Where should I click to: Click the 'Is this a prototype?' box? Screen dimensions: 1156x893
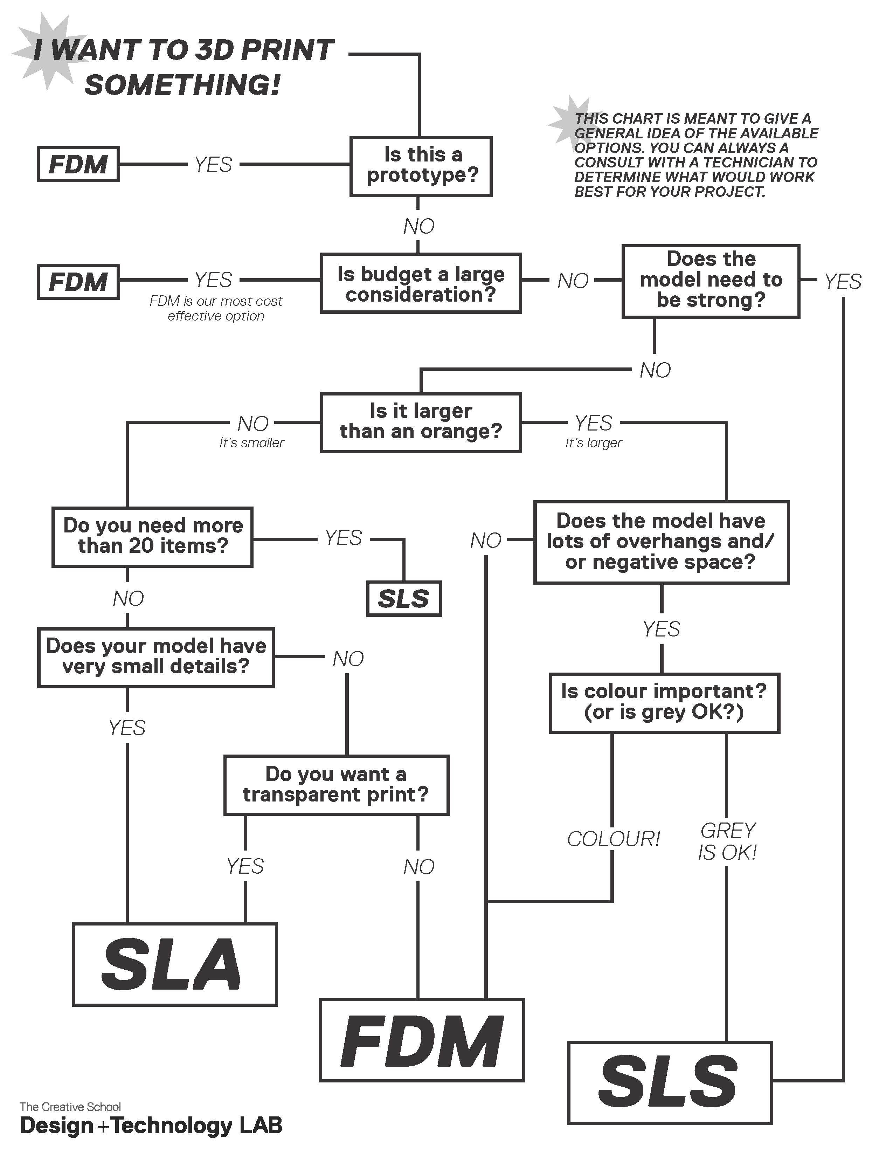click(421, 166)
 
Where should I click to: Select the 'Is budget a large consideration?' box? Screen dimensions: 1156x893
click(421, 283)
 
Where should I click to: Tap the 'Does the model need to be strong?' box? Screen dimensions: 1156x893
click(711, 281)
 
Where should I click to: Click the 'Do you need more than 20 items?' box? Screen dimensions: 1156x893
click(152, 537)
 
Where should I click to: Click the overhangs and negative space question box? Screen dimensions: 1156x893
click(661, 542)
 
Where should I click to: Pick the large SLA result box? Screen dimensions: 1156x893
click(175, 964)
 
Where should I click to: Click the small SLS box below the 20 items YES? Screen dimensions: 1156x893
click(404, 599)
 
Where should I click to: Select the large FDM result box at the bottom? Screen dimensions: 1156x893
click(422, 1040)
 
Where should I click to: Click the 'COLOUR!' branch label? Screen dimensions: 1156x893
click(613, 839)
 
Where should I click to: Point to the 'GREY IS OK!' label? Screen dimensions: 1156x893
click(727, 841)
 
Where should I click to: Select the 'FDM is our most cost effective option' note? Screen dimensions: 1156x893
click(216, 309)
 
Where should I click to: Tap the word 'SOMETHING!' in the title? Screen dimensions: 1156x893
click(182, 85)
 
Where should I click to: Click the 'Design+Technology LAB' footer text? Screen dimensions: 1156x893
click(151, 1125)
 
